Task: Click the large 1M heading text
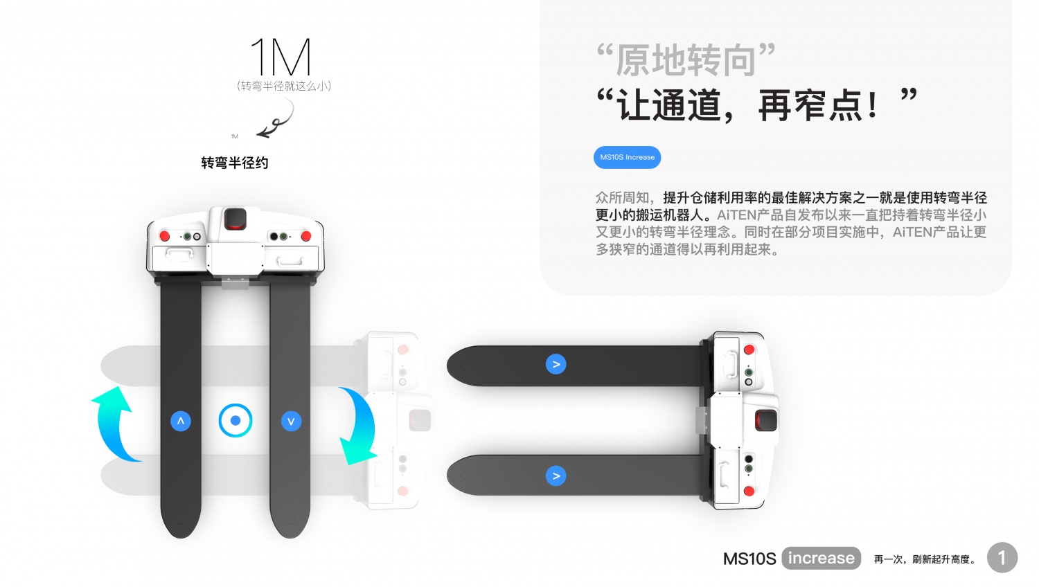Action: pyautogui.click(x=281, y=57)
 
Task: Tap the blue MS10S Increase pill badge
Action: pyautogui.click(x=627, y=158)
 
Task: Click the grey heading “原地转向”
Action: pyautogui.click(x=686, y=60)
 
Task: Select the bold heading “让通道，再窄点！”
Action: pyautogui.click(x=756, y=105)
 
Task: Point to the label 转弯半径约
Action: pyautogui.click(x=235, y=163)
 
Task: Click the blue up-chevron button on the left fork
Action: pyautogui.click(x=180, y=421)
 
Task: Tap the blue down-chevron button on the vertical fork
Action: pyautogui.click(x=292, y=421)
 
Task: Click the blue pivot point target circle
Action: pyautogui.click(x=236, y=421)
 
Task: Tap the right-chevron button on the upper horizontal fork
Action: pyautogui.click(x=556, y=364)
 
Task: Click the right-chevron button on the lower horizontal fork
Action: pyautogui.click(x=556, y=476)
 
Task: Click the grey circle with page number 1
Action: pyautogui.click(x=1002, y=557)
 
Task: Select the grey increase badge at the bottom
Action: pyautogui.click(x=821, y=558)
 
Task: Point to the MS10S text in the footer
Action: pyautogui.click(x=749, y=559)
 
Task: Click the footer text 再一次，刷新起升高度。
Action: pyautogui.click(x=925, y=559)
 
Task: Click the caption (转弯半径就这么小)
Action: pyautogui.click(x=284, y=86)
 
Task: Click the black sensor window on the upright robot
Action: pyautogui.click(x=236, y=218)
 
